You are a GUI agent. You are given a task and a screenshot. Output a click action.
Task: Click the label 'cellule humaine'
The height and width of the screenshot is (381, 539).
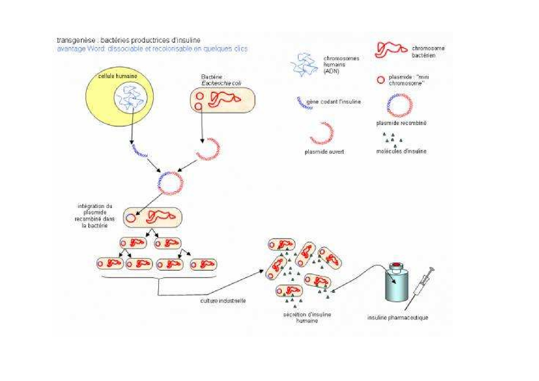coord(117,76)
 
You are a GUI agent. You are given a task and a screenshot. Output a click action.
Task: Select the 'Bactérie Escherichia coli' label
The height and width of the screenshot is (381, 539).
coord(221,80)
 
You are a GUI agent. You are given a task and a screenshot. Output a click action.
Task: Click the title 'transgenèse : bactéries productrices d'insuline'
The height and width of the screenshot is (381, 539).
coord(128,40)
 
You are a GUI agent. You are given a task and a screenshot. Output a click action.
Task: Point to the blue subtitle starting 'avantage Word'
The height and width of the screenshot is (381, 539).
coord(152,49)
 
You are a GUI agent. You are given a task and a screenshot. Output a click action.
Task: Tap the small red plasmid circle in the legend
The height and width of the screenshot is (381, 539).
coord(381,80)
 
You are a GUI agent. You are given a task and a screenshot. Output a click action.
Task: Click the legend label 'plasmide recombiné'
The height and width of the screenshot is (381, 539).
coord(401,123)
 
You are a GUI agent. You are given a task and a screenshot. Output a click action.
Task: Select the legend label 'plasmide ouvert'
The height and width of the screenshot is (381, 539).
coord(324,151)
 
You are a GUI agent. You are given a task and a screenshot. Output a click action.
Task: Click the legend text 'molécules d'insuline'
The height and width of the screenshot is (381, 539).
coord(401,151)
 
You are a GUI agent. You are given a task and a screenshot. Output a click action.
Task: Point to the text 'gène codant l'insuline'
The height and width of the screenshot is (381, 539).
coord(333,102)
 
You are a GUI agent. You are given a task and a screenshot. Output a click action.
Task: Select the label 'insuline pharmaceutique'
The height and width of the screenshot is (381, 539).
coord(398,317)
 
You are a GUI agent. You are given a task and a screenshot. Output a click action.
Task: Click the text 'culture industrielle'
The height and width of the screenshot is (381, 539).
coord(223,300)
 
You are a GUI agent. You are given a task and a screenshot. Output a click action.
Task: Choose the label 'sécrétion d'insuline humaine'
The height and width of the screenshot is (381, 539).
coord(307,317)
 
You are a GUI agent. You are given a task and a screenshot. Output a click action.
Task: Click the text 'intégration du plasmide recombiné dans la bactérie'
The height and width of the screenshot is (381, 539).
coord(95,216)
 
